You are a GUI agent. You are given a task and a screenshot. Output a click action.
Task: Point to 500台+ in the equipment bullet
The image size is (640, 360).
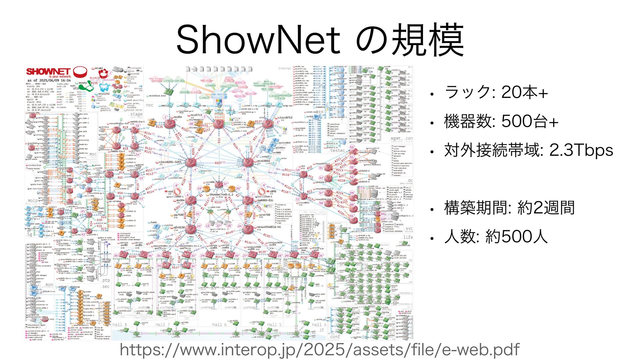(530, 121)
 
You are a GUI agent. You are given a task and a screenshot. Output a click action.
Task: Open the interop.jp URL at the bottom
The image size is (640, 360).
(319, 350)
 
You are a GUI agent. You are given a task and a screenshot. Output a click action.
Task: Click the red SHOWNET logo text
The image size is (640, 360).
(49, 72)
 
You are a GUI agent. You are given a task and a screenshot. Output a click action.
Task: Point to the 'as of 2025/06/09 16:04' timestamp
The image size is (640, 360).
(49, 80)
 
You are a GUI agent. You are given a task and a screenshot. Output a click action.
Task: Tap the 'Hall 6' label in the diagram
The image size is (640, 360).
(219, 324)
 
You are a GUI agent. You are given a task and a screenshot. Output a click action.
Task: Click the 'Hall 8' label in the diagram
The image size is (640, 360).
(120, 324)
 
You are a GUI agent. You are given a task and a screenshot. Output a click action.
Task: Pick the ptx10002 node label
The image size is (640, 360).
(263, 161)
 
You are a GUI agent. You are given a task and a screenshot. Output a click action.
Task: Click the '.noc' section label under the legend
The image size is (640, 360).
(149, 105)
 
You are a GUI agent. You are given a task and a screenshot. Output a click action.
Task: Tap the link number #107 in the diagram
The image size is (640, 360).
(218, 163)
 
